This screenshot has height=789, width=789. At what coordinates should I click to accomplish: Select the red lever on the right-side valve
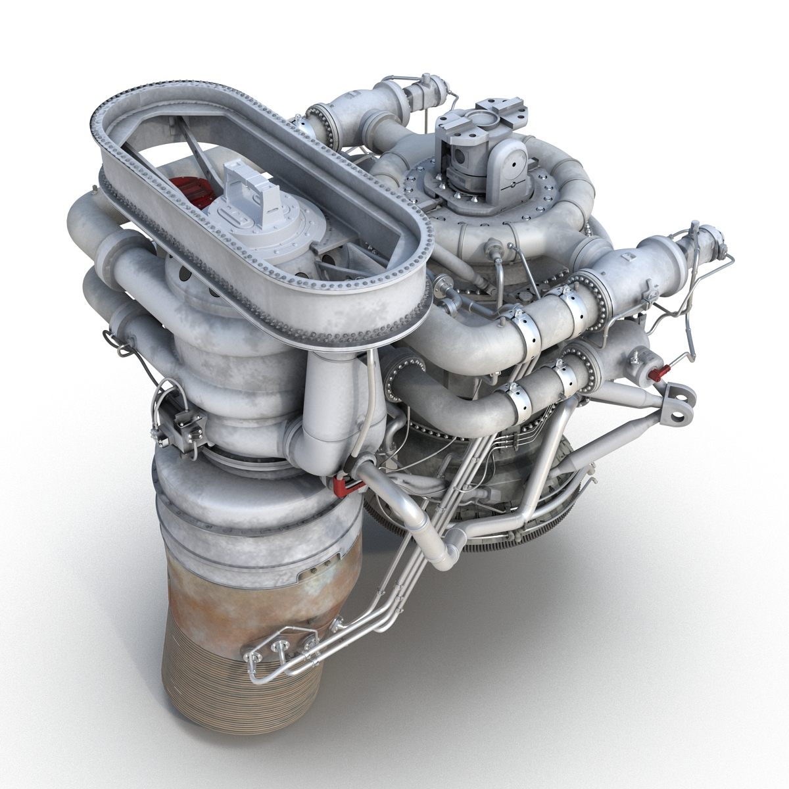[x=658, y=373]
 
